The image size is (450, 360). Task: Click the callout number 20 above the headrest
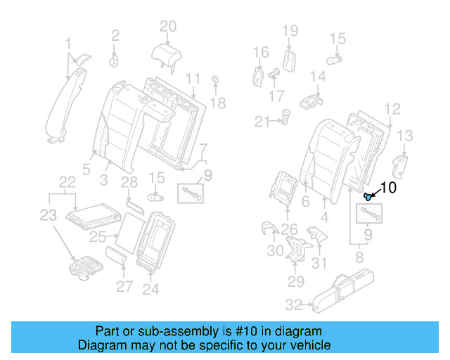pyautogui.click(x=167, y=27)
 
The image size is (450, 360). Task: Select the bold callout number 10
pyautogui.click(x=388, y=188)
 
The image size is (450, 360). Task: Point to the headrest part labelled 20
pyautogui.click(x=167, y=52)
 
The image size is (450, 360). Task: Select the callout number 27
pyautogui.click(x=124, y=286)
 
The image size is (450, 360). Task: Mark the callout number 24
pyautogui.click(x=151, y=289)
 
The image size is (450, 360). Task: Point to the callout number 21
pyautogui.click(x=263, y=122)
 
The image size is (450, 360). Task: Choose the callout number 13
pyautogui.click(x=406, y=136)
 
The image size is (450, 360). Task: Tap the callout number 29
pyautogui.click(x=296, y=282)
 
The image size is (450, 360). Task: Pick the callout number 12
pyautogui.click(x=392, y=108)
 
